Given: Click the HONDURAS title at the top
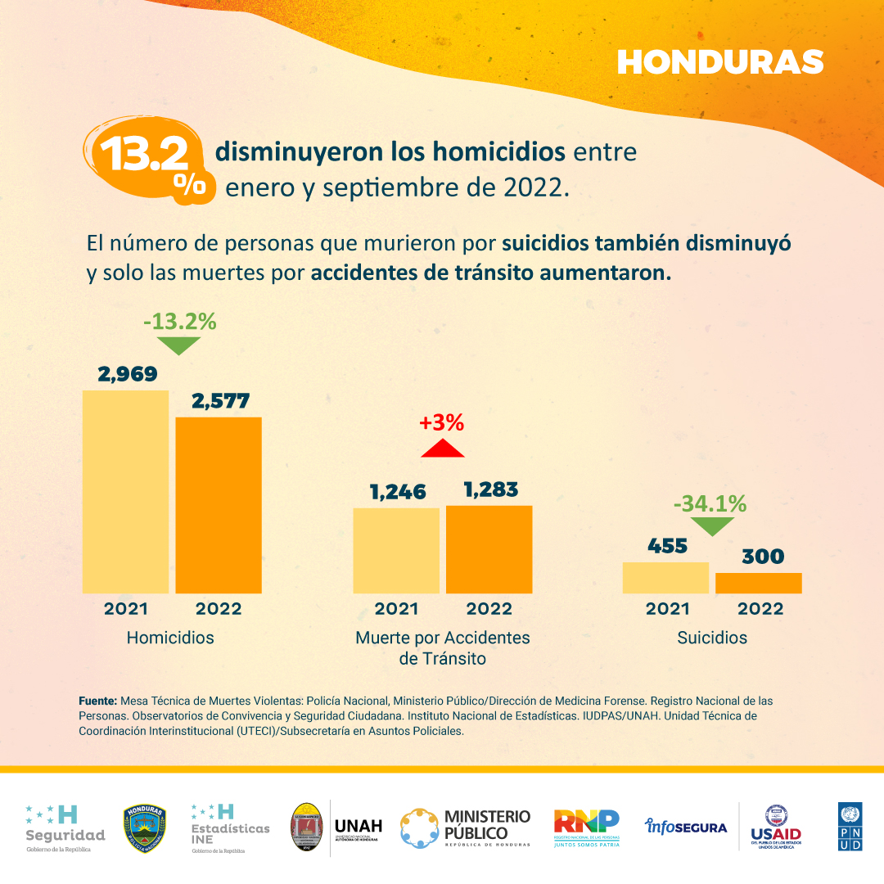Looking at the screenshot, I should click(719, 61).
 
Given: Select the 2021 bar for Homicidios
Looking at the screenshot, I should click(126, 491).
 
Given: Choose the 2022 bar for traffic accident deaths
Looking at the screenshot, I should click(489, 549).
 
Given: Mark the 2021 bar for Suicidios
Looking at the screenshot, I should click(665, 577).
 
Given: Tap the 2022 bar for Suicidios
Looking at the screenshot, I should click(758, 583).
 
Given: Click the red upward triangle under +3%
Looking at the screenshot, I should click(442, 448).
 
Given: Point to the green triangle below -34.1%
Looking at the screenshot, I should click(709, 526).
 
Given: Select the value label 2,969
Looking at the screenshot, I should click(128, 374).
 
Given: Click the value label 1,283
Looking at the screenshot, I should click(490, 489).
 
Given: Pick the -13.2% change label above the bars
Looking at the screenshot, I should click(179, 322).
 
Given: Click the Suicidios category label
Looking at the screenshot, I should click(712, 638).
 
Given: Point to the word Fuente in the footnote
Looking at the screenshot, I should click(98, 701).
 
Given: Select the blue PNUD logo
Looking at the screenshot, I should click(850, 826).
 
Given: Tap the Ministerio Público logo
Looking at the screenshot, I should click(465, 828).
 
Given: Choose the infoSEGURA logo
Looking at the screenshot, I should click(686, 827).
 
